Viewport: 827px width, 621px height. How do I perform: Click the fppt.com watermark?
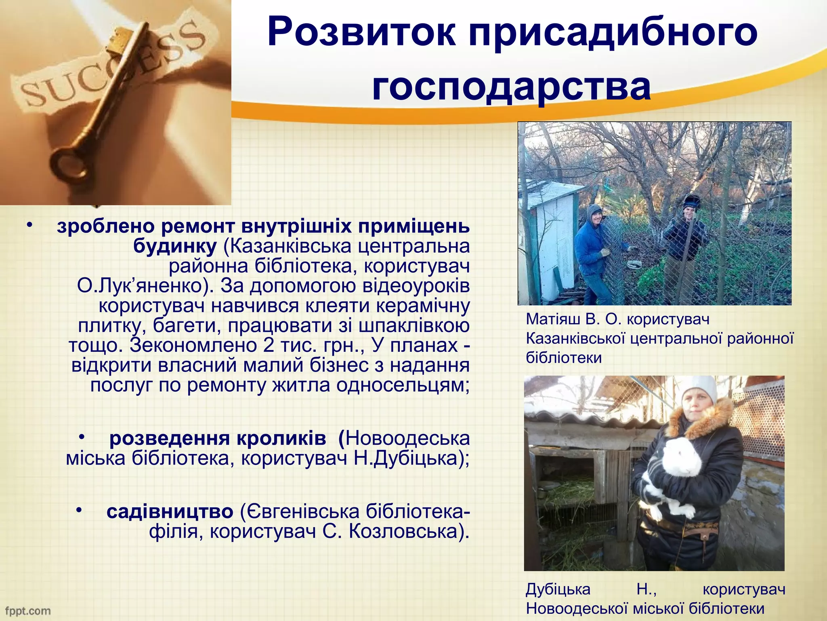(28, 611)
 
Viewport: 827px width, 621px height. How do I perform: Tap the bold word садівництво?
(170, 512)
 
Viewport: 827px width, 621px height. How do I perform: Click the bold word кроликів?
(281, 439)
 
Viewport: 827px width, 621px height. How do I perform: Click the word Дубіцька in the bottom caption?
(558, 589)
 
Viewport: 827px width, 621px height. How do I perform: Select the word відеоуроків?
(416, 286)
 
